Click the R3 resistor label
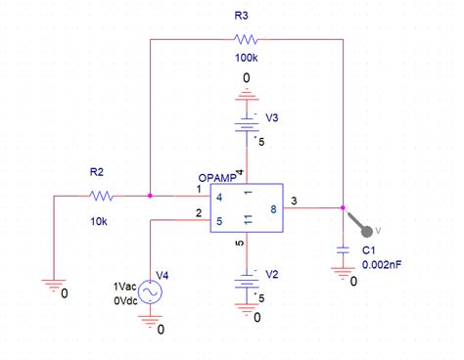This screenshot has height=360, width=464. tap(241, 16)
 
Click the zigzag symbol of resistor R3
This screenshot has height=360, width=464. tap(245, 40)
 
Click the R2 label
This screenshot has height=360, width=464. tap(97, 172)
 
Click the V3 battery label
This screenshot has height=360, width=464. tap(272, 117)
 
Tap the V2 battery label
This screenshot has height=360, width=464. tap(273, 275)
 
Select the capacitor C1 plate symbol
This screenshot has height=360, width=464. tap(343, 250)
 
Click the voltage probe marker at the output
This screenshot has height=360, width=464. tap(366, 229)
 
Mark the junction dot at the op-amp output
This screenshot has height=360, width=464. tap(343, 207)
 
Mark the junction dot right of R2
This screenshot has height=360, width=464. tap(149, 196)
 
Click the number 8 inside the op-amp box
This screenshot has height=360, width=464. tap(273, 208)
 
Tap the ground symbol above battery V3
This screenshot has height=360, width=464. tap(246, 94)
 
